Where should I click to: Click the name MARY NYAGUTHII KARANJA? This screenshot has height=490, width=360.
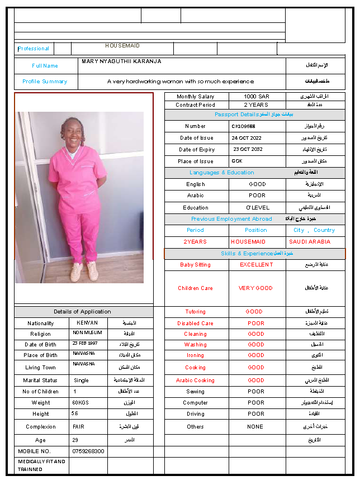(x=121, y=61)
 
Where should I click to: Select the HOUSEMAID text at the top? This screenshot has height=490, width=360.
(x=122, y=46)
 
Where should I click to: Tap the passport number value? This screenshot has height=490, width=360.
(x=243, y=126)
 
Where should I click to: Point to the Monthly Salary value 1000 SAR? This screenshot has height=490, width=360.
(x=257, y=97)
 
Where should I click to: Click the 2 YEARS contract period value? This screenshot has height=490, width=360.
(x=256, y=105)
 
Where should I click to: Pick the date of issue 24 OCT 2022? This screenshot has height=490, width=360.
(x=247, y=138)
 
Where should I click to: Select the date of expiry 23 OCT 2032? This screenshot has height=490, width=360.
(x=248, y=150)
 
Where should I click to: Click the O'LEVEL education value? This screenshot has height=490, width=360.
(x=257, y=207)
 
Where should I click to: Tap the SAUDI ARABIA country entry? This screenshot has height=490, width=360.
(x=309, y=242)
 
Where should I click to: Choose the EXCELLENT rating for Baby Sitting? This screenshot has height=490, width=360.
(x=257, y=265)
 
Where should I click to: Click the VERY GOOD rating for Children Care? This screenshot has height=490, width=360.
(x=256, y=288)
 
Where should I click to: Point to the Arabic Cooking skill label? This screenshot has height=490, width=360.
(x=195, y=380)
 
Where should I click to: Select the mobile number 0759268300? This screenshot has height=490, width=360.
(x=88, y=451)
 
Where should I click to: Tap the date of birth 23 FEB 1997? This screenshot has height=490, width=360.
(x=85, y=343)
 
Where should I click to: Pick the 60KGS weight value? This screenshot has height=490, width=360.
(x=80, y=402)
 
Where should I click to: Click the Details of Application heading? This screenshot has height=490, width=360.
(x=82, y=312)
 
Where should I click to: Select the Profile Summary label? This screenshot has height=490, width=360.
(x=45, y=82)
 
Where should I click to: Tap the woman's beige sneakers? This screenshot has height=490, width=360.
(x=84, y=272)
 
